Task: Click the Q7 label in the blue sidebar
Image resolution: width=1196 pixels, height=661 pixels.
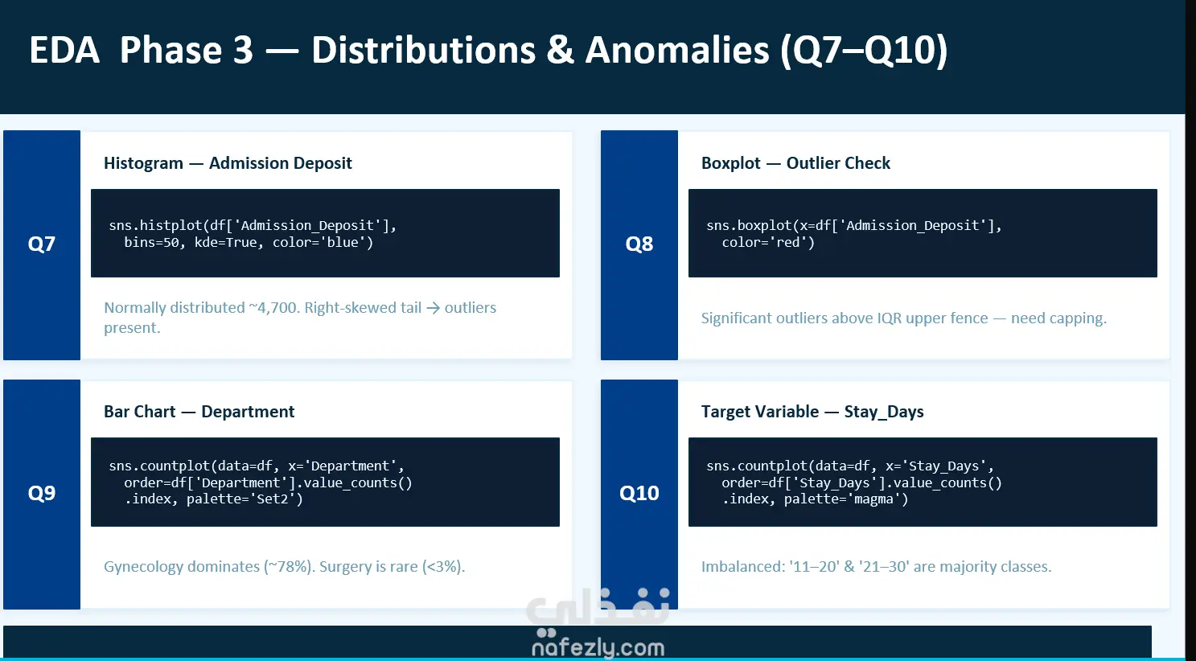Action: [42, 244]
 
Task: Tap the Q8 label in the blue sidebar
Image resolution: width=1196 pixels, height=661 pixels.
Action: [639, 244]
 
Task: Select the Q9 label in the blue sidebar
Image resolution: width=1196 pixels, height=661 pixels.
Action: [42, 493]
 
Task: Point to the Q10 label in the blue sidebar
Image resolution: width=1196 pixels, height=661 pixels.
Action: [639, 493]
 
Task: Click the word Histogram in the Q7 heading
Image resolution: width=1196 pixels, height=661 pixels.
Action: [144, 163]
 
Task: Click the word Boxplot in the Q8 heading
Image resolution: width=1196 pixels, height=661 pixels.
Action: [730, 163]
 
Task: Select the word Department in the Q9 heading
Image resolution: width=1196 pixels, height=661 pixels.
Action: [248, 412]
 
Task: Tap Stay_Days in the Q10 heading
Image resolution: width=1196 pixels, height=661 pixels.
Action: [884, 412]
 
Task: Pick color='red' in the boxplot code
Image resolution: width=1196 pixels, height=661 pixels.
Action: [768, 242]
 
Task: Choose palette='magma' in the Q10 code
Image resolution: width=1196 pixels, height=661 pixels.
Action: [846, 499]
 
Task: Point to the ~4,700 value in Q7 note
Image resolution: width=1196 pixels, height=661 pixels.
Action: [273, 308]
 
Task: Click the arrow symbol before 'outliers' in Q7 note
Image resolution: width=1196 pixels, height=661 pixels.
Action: [433, 308]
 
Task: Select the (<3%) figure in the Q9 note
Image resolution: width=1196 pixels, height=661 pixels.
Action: [443, 566]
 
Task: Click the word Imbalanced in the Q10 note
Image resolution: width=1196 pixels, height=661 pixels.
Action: [742, 566]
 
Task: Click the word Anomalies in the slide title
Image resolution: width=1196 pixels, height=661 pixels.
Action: [677, 50]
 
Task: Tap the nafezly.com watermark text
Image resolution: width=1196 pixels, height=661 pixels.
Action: [598, 647]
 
